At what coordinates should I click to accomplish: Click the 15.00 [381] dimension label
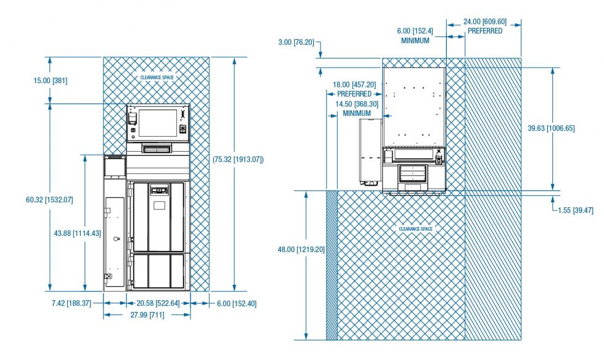(50, 81)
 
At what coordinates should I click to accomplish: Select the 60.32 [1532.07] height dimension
(49, 200)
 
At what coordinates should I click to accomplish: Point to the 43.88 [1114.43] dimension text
(78, 233)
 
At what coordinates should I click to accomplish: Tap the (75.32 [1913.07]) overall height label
(238, 159)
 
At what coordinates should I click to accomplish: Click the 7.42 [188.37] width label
(71, 303)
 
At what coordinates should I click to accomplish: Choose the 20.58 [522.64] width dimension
(158, 303)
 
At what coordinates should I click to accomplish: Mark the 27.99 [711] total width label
(147, 315)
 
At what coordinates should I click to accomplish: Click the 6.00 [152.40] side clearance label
(237, 304)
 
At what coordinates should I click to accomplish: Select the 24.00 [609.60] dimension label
(485, 22)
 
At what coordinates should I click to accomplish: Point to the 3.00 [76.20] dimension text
(296, 42)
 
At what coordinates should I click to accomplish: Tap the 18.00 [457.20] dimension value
(354, 84)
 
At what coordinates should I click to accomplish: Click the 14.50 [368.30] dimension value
(357, 104)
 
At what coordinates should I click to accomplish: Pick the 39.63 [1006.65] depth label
(551, 128)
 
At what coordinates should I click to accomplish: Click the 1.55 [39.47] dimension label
(576, 210)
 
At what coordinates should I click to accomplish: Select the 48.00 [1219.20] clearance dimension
(301, 250)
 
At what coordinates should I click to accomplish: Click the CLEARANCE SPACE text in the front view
(157, 78)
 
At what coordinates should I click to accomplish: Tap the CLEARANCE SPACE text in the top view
(415, 229)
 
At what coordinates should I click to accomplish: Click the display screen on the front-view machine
(158, 123)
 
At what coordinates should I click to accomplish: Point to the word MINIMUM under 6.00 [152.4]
(415, 41)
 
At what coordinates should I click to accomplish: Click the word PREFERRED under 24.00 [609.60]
(485, 31)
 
